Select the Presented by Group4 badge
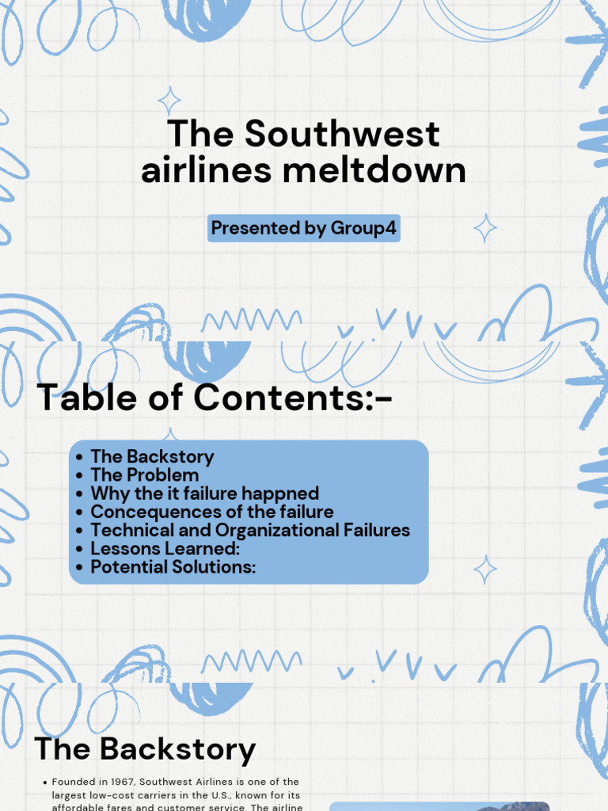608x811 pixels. point(304,229)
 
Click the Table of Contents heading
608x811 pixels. point(215,397)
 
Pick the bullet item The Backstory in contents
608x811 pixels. point(152,457)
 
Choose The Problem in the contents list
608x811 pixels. point(144,475)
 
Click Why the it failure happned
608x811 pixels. point(204,493)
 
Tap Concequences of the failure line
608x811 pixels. point(211,512)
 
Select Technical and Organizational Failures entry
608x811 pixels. point(250,531)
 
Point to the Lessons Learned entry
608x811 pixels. point(165,549)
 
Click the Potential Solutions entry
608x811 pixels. point(173,567)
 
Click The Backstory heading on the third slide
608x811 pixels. point(145,748)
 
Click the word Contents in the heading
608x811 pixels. point(281,397)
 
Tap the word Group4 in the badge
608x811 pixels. point(364,229)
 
